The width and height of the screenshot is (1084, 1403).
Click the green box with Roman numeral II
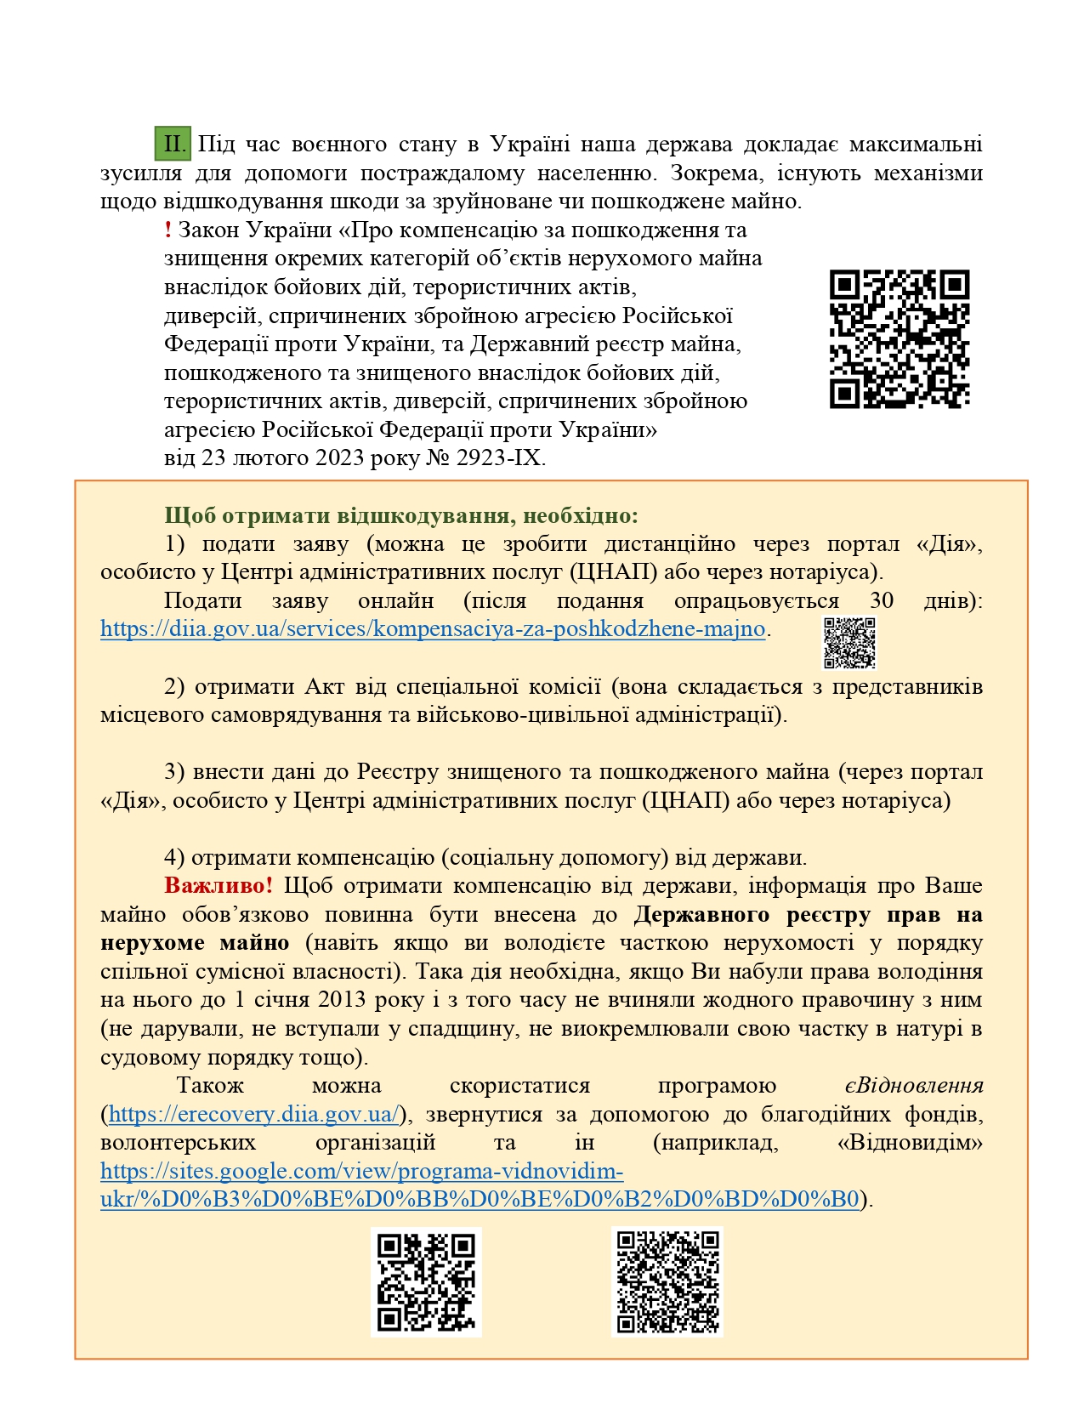click(173, 144)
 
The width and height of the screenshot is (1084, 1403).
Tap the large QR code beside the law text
click(899, 338)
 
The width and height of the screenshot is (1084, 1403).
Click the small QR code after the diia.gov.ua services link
click(848, 643)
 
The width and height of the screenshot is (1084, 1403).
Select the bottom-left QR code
click(426, 1281)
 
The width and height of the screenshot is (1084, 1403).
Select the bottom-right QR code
click(667, 1281)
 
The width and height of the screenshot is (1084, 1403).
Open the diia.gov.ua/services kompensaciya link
click(433, 629)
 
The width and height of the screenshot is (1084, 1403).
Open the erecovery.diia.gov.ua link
click(253, 1114)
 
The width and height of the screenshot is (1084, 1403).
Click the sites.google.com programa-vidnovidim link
click(361, 1172)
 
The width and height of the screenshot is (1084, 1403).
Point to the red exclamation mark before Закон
click(168, 230)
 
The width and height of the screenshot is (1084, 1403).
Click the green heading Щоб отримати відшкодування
click(400, 515)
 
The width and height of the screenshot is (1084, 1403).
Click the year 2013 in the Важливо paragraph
click(343, 1000)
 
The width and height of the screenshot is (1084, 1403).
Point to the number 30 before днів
click(882, 601)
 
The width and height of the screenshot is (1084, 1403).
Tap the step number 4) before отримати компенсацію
click(174, 857)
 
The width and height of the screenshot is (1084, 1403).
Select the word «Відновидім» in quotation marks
click(909, 1143)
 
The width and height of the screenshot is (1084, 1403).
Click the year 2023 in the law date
click(340, 458)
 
